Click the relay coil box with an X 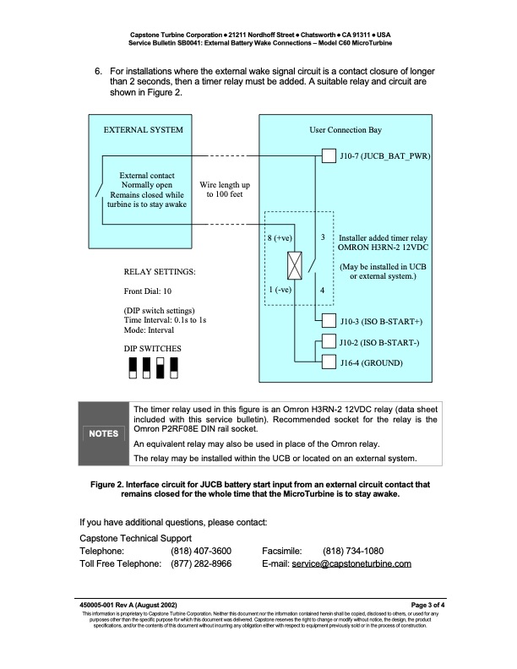[295, 266]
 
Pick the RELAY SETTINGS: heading [160, 272]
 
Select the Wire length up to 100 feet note [222, 188]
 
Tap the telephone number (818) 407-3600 [201, 550]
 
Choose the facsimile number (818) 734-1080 [353, 550]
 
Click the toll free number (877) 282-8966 [201, 563]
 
